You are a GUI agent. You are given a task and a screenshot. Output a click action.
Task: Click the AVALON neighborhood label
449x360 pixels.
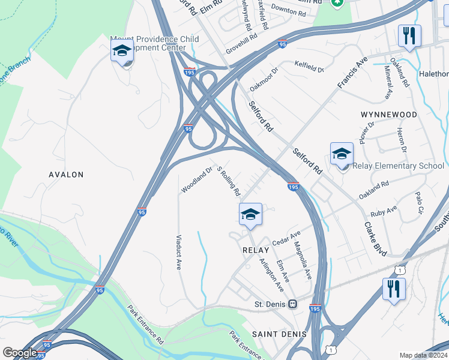tap(65, 175)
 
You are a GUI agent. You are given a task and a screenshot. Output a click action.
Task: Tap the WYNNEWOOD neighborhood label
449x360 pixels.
tap(388, 114)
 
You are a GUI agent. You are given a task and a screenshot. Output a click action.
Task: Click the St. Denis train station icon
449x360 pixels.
tap(293, 304)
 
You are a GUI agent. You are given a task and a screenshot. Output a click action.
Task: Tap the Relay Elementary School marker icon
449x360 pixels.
tap(342, 154)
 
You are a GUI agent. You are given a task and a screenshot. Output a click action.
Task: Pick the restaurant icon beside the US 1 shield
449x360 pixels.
tap(394, 289)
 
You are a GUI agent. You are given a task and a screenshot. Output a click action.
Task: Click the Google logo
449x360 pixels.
tap(20, 352)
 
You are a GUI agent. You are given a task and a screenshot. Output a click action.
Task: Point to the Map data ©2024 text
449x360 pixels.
tap(423, 355)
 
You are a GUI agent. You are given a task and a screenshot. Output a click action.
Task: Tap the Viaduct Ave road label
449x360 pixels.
tap(179, 252)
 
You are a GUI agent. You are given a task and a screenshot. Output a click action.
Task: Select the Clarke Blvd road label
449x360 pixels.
tap(376, 236)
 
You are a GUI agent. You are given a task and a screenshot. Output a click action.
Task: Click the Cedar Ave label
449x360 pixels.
tap(286, 238)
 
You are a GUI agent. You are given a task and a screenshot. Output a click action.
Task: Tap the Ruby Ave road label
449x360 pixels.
tap(384, 211)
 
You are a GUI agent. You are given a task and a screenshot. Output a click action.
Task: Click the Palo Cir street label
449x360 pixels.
tap(420, 203)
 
